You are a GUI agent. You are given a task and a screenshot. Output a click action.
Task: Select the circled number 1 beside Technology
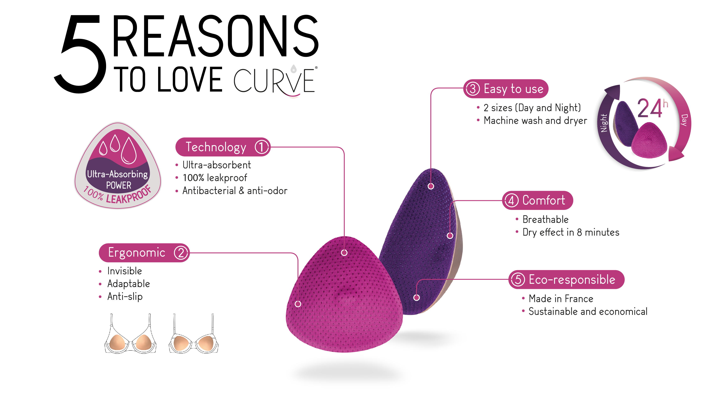pos(261,147)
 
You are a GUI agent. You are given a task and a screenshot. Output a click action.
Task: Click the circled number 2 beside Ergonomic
pos(181,253)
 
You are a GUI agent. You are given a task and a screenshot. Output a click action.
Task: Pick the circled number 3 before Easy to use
pos(473,89)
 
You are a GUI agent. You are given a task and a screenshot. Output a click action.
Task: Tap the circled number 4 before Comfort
pos(511,200)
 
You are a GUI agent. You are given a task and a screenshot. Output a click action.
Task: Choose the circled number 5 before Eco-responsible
pos(518,279)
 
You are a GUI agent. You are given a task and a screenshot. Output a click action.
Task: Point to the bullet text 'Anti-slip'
pos(125,296)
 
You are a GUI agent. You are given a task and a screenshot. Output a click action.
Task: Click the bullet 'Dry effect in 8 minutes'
pos(571,232)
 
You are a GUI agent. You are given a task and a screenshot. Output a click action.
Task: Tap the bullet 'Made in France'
pos(561,299)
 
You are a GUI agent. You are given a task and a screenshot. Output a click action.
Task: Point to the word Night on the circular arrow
pos(604,123)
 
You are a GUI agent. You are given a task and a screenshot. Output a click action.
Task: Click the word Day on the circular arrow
pos(684,120)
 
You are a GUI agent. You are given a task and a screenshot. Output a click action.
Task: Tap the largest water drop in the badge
pos(129,150)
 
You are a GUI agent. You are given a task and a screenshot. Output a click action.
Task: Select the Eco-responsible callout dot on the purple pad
pos(417,298)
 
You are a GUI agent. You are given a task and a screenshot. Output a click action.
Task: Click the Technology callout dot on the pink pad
pos(344,253)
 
